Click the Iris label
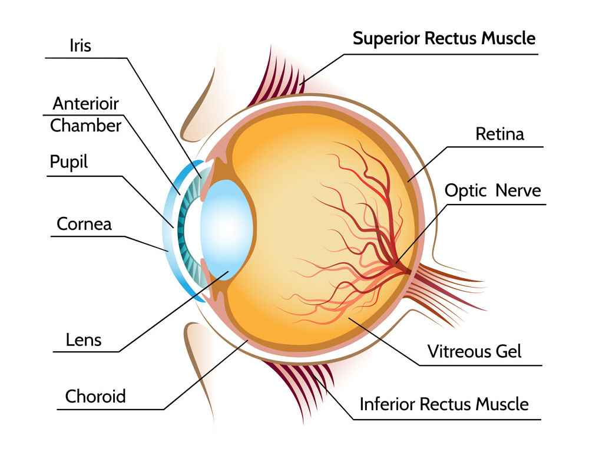[x=80, y=45]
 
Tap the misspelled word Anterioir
[x=85, y=104]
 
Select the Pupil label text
[x=69, y=162]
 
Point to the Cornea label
[x=84, y=224]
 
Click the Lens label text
[x=84, y=339]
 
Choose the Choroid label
[x=95, y=395]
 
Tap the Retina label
[x=499, y=134]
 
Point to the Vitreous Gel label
[x=475, y=351]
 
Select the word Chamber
[x=86, y=126]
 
